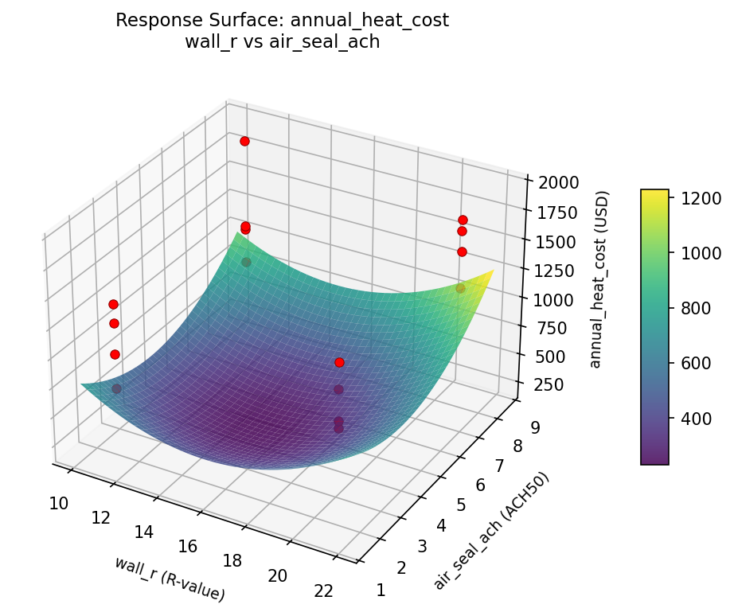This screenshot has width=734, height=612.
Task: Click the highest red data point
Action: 244,141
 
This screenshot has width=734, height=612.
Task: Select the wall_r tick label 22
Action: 322,590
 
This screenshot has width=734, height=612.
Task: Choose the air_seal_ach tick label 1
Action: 381,590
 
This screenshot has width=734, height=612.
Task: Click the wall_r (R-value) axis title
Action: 169,579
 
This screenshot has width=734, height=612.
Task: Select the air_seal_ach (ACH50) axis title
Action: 491,531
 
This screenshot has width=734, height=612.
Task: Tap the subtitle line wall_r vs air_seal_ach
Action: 282,42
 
